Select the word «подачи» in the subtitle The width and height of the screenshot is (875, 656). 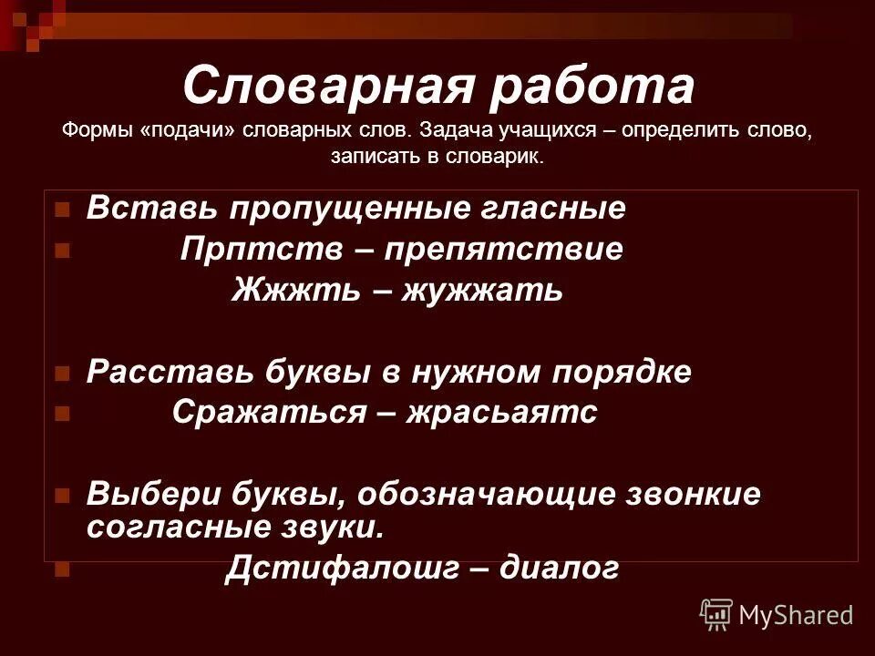(189, 130)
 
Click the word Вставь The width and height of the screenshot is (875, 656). (151, 209)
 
